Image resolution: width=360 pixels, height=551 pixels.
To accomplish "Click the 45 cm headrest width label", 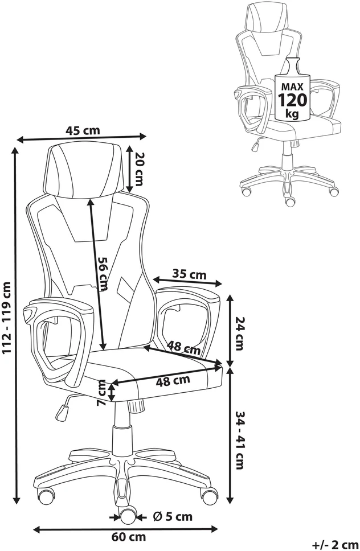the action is [83, 130].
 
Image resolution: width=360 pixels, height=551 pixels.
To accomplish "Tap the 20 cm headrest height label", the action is [138, 169].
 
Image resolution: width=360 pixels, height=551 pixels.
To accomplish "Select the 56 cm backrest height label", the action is [103, 274].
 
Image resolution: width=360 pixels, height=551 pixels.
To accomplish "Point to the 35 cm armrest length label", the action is [189, 274].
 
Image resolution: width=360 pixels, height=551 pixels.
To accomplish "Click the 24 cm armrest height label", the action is [239, 334].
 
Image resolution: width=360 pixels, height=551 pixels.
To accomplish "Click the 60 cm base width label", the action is [129, 537].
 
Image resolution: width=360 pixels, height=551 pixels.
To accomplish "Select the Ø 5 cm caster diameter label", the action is [173, 516].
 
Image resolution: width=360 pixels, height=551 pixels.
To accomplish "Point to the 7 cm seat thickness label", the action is [101, 393].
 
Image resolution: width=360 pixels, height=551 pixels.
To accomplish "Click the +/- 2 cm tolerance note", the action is [335, 545].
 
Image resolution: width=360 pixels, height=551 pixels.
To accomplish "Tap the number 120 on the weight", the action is [293, 100].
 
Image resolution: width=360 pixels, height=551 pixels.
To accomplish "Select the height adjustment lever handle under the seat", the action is [62, 412].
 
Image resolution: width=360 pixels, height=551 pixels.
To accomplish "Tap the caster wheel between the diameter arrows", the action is [128, 516].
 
